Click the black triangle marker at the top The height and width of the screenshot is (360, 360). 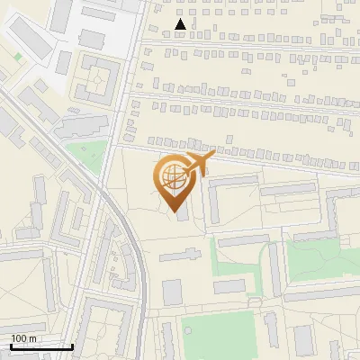[181, 25]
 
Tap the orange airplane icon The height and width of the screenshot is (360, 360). [197, 164]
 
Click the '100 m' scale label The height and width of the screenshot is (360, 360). [23, 338]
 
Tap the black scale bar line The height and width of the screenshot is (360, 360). [41, 346]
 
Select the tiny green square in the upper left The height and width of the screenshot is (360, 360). [18, 57]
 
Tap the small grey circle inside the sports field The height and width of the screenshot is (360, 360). [189, 330]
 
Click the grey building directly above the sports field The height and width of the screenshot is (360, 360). [229, 286]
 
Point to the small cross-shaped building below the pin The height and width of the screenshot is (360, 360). [172, 256]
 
